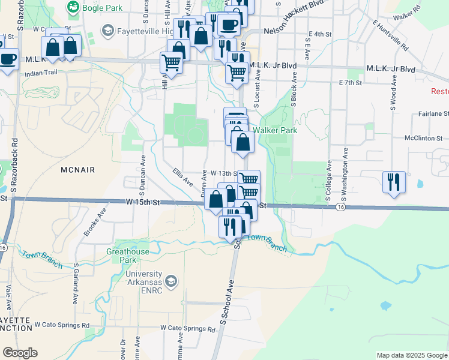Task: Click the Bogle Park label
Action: coord(103,8)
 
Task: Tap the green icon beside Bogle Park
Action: coord(73,8)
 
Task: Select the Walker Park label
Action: coord(275,130)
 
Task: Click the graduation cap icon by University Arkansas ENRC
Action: coord(171,281)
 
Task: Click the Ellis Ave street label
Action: coord(182,177)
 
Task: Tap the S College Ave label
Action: coord(328,180)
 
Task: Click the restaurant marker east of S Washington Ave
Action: coord(394,181)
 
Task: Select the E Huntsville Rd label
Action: coord(390,35)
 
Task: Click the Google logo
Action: coord(20,353)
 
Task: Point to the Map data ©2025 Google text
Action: coord(411,355)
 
